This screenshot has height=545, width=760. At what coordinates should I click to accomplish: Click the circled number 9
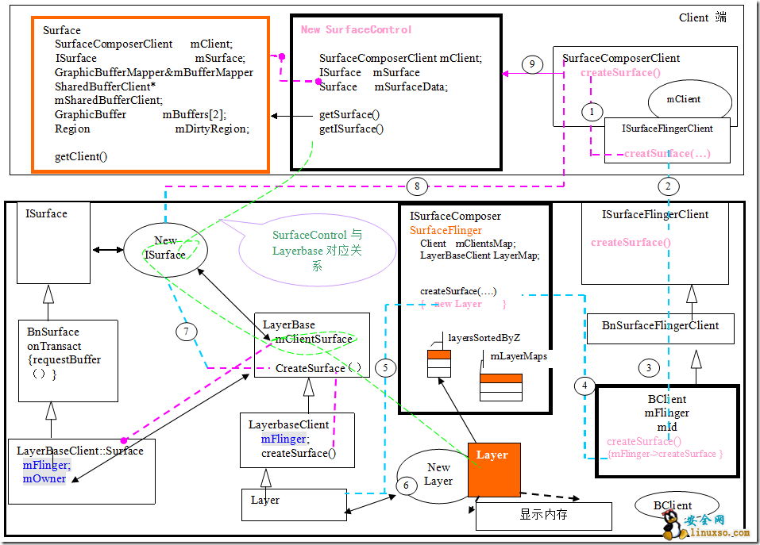533,63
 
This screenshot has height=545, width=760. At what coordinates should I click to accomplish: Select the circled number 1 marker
591,112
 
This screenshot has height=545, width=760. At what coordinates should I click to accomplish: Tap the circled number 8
416,187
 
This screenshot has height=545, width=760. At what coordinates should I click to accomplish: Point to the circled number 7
185,331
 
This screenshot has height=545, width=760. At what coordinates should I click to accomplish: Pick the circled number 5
385,367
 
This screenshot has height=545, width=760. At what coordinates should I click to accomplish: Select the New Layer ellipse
438,474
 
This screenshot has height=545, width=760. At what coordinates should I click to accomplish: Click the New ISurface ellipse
166,248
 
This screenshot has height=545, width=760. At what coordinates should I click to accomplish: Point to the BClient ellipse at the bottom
673,505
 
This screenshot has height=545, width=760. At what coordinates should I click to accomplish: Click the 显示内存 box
543,515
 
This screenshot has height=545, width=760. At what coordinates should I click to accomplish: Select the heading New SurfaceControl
356,30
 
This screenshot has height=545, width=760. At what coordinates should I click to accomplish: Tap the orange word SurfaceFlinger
446,230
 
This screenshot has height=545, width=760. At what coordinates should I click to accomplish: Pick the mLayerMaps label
519,357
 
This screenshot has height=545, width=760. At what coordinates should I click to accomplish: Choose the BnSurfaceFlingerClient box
660,326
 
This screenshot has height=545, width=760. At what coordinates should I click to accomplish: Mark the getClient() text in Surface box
81,156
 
